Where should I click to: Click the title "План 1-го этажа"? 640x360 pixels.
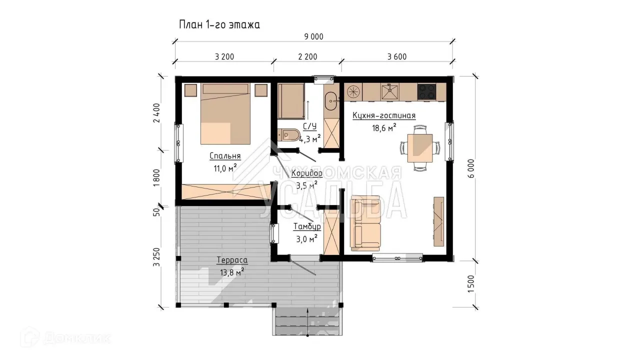point(219,25)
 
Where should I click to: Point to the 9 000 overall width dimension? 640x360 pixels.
point(313,37)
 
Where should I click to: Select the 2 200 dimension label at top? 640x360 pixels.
point(307,57)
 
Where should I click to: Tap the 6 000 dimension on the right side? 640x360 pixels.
point(471,168)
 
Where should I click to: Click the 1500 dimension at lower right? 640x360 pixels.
point(471,284)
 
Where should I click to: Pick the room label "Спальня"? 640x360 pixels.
point(225,156)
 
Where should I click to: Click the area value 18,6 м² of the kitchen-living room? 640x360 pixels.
point(384,127)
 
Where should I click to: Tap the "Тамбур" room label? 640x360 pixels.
point(307,226)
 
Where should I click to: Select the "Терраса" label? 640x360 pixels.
point(232,260)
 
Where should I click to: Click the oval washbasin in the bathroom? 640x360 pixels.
point(331,101)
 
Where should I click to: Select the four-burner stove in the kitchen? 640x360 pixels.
point(426,91)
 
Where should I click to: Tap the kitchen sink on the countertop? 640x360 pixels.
point(390,91)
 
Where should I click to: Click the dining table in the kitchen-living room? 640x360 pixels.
point(419,148)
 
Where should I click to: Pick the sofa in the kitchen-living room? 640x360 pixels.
point(365,223)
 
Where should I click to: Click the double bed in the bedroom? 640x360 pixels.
point(225,113)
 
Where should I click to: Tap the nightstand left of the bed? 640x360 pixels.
point(190,90)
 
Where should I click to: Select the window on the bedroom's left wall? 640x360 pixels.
point(179,143)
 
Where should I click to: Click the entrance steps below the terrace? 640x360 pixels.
point(307,321)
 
